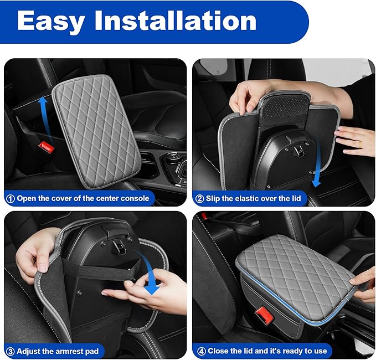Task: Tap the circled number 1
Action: [x=10, y=199]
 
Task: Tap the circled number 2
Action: [x=199, y=199]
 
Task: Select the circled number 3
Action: [x=10, y=352]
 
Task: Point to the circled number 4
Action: [x=201, y=351]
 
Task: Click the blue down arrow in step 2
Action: [x=317, y=163]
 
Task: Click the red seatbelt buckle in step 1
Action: [x=47, y=147]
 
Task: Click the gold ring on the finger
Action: [x=360, y=144]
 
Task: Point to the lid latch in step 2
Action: [x=296, y=147]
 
